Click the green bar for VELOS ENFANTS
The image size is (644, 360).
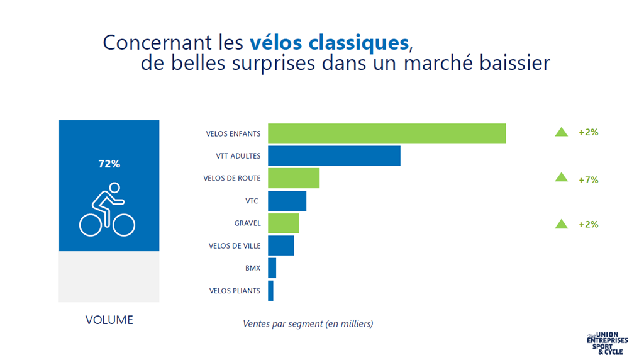387,133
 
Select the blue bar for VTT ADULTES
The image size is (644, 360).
334,156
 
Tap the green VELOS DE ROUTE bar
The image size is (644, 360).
294,178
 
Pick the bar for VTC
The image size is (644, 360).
287,201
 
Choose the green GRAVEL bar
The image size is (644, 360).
283,223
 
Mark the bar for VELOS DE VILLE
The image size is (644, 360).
281,245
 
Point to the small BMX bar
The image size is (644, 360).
272,268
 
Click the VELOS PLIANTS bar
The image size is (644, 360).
270,291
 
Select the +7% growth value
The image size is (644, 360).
588,180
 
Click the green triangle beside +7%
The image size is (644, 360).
562,178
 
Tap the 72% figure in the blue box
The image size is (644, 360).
109,164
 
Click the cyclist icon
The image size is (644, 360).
108,209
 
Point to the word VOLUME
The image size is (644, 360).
109,320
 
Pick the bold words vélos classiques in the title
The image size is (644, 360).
329,42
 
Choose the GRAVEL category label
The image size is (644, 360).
247,223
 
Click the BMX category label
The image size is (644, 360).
253,268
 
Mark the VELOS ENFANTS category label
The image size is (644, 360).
233,133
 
